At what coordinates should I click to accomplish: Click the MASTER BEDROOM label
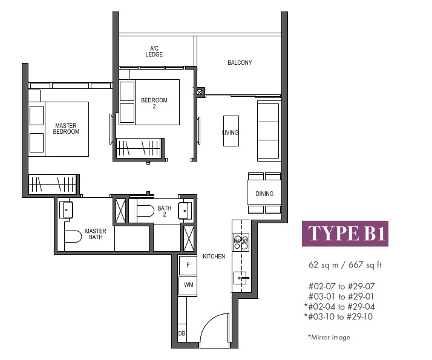(x=66, y=129)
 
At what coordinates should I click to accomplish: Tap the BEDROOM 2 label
(x=154, y=103)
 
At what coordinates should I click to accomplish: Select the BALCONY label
(x=240, y=62)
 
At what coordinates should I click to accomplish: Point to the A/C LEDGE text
(x=154, y=51)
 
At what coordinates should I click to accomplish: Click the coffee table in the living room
(x=231, y=131)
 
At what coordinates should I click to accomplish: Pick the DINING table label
(x=264, y=194)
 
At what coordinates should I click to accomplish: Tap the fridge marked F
(x=188, y=265)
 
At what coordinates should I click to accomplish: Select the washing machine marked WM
(x=188, y=286)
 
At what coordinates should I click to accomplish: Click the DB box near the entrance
(x=182, y=333)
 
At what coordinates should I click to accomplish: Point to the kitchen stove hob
(x=241, y=243)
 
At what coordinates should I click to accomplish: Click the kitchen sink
(x=241, y=278)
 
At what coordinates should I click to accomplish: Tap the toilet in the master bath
(x=73, y=237)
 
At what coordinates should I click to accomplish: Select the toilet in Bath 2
(x=145, y=211)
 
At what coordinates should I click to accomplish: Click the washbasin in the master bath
(x=66, y=210)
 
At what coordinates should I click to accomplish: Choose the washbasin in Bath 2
(x=184, y=211)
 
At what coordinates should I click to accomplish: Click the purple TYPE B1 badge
(x=345, y=234)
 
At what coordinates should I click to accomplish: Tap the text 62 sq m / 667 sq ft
(x=345, y=265)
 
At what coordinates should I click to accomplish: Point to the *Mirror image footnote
(x=329, y=338)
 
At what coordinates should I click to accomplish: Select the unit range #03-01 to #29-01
(x=341, y=296)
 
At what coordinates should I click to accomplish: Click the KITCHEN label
(x=214, y=257)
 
